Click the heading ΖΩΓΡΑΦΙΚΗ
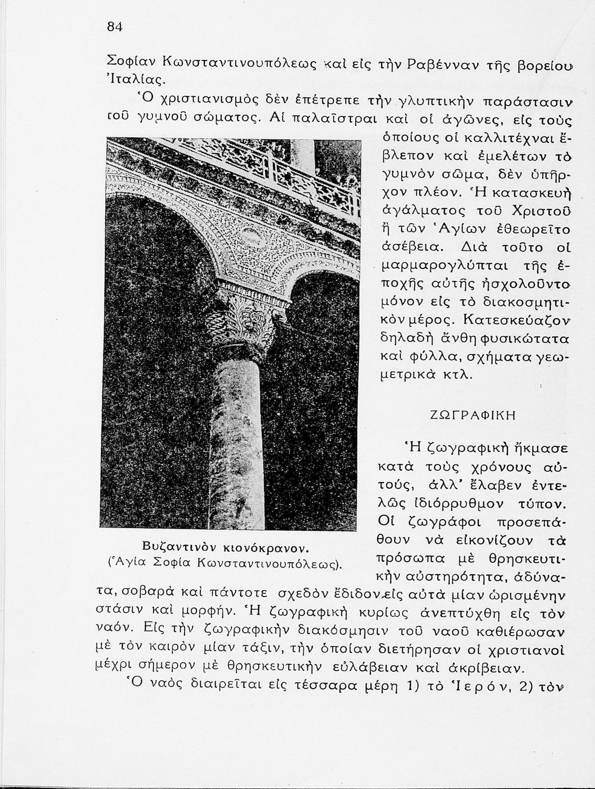pyautogui.click(x=471, y=414)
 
